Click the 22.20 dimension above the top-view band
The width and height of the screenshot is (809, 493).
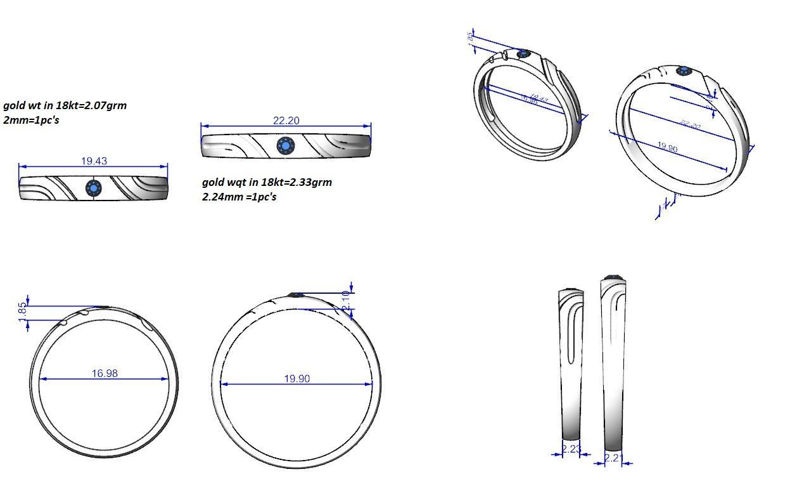pyautogui.click(x=286, y=121)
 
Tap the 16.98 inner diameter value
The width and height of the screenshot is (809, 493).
pyautogui.click(x=105, y=373)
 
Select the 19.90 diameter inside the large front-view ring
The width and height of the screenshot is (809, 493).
pyautogui.click(x=296, y=378)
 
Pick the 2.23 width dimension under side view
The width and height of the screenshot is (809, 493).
pyautogui.click(x=571, y=449)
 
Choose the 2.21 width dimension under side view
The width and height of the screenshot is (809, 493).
pyautogui.click(x=613, y=457)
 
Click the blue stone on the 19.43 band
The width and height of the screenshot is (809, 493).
pyautogui.click(x=94, y=188)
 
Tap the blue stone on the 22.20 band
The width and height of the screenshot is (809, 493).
pyautogui.click(x=286, y=146)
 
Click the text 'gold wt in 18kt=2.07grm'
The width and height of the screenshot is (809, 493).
pyautogui.click(x=65, y=105)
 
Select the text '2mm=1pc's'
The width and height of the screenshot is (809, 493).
pyautogui.click(x=31, y=119)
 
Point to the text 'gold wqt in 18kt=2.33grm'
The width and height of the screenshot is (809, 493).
pyautogui.click(x=267, y=182)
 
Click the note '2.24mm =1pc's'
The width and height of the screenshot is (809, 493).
pyautogui.click(x=239, y=196)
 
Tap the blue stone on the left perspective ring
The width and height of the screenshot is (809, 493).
pyautogui.click(x=523, y=55)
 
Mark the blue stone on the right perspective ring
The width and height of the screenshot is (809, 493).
pyautogui.click(x=684, y=70)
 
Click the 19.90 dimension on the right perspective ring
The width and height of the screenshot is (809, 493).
pyautogui.click(x=667, y=148)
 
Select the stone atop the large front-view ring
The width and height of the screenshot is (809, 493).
pyautogui.click(x=296, y=294)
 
